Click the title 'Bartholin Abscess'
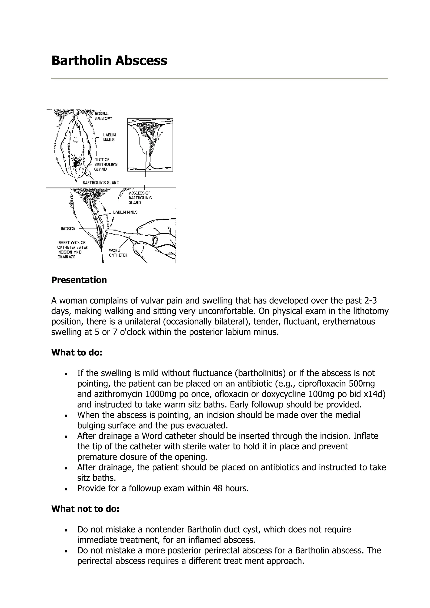point(109,61)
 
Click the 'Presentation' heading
point(79,280)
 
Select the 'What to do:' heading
point(77,352)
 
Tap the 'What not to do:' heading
point(85,509)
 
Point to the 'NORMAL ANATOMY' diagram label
point(103,116)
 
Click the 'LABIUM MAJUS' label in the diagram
point(109,137)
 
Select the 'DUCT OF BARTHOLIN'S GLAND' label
point(105,164)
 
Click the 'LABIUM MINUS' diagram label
point(125,212)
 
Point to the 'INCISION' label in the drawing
point(68,228)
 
